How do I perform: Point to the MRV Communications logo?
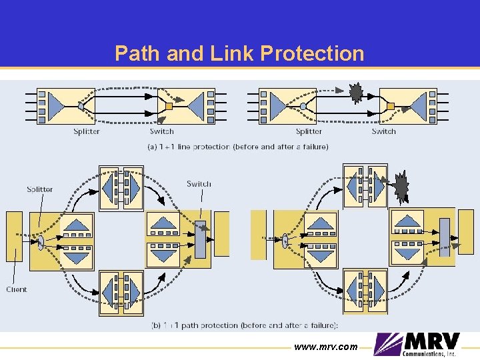(x=417, y=345)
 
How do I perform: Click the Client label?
(x=17, y=289)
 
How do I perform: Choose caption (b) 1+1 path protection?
(x=245, y=325)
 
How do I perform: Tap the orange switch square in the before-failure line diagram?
(x=169, y=106)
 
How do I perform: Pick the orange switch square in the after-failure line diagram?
(x=391, y=106)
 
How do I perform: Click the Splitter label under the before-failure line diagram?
(x=87, y=131)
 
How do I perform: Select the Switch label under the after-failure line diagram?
(x=383, y=131)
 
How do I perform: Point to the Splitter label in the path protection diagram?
(x=40, y=189)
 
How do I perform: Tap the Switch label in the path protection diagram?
(x=199, y=184)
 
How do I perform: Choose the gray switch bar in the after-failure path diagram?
(x=445, y=237)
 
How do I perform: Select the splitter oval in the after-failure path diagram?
(x=285, y=239)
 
